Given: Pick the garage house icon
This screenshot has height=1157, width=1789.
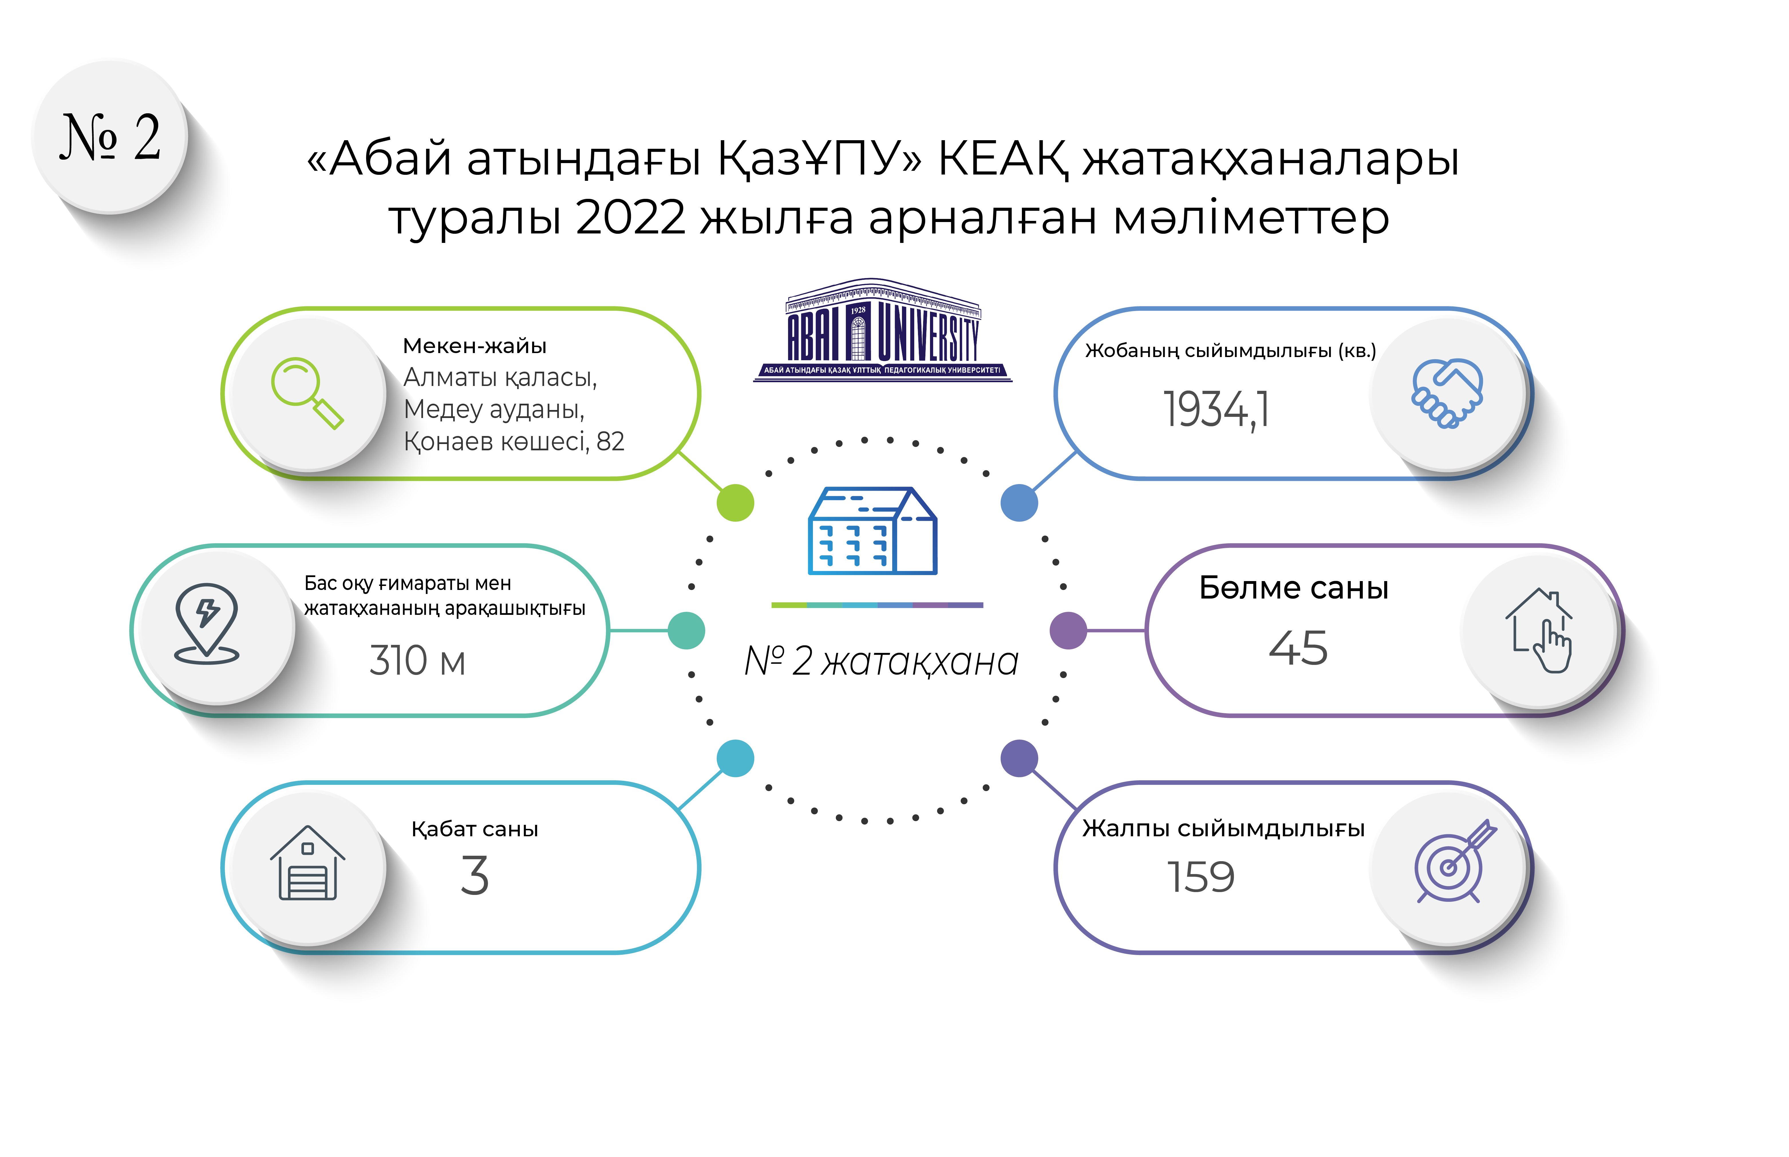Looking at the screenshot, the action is [x=307, y=863].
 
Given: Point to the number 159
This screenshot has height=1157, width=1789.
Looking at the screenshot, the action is [x=1200, y=877].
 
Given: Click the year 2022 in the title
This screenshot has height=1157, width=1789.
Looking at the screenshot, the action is [x=631, y=218].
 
